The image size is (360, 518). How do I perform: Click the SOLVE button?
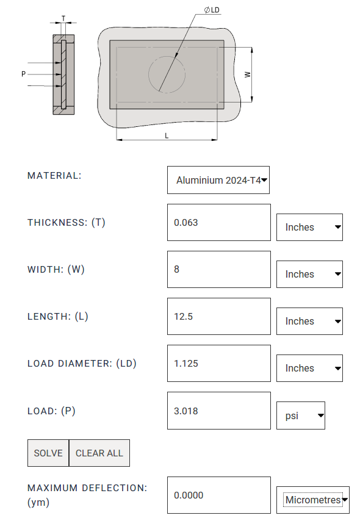click(x=48, y=453)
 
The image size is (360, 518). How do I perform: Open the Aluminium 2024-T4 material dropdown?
click(x=218, y=180)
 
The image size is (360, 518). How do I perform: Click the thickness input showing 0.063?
click(x=219, y=222)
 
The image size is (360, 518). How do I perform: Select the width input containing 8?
click(x=219, y=269)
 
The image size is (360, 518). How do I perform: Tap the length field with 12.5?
click(x=219, y=317)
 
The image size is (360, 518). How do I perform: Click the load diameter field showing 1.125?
click(x=219, y=364)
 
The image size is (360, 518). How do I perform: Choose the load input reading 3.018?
click(x=219, y=411)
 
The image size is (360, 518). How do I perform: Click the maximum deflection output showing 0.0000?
click(x=219, y=495)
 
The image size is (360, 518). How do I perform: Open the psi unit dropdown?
click(x=301, y=415)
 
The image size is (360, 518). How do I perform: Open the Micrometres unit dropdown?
click(x=313, y=500)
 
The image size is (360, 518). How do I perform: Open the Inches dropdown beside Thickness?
click(x=309, y=228)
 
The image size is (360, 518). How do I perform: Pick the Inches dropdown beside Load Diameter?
click(x=309, y=368)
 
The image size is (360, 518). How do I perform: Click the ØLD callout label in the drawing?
click(x=212, y=10)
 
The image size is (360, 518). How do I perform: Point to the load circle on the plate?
click(x=149, y=74)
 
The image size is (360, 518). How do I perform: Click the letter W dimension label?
click(x=247, y=75)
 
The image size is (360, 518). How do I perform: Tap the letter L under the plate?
click(x=167, y=136)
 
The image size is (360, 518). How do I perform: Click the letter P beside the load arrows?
click(x=23, y=74)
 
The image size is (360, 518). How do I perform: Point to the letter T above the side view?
click(x=63, y=18)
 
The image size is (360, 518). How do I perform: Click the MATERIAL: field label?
click(x=54, y=176)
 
